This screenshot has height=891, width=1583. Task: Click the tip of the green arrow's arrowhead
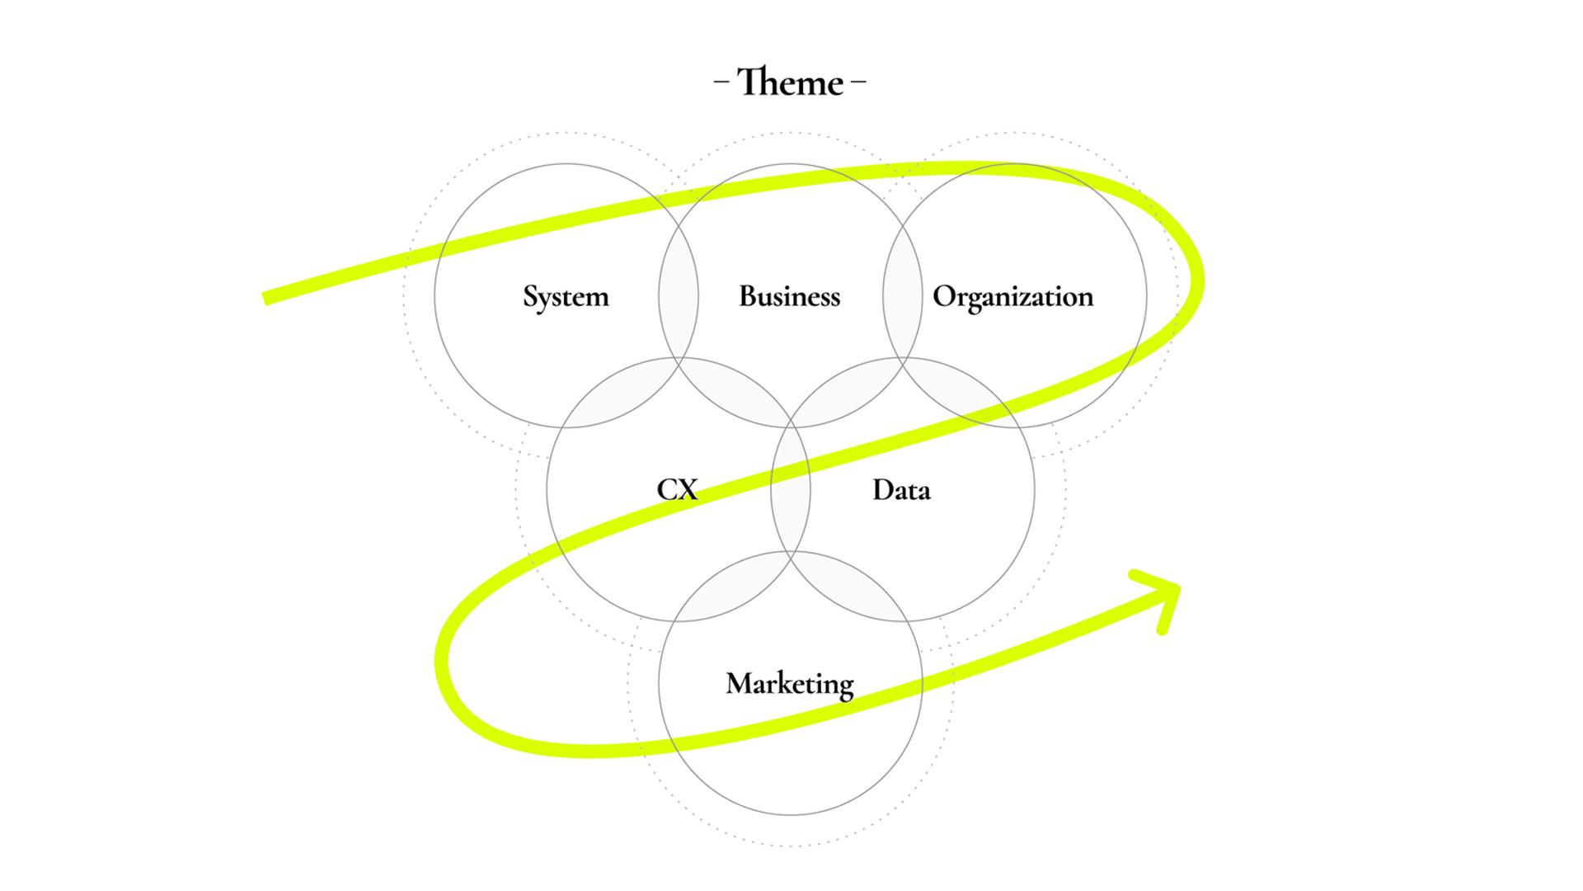[1177, 587]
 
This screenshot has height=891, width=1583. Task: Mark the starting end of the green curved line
[265, 298]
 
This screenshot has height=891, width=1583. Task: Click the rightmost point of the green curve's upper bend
[1200, 280]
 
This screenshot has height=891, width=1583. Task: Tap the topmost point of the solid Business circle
[790, 164]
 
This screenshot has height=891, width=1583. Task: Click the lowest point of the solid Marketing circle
[790, 815]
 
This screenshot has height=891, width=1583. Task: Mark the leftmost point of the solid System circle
[435, 295]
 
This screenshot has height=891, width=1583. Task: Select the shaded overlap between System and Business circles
[679, 295]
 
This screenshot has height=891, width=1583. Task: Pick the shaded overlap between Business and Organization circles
[902, 295]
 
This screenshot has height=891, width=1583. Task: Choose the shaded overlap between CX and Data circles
[791, 490]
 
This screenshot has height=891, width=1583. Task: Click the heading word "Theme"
[790, 82]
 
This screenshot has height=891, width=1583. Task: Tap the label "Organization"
[1013, 297]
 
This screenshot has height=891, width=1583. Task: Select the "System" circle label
[566, 297]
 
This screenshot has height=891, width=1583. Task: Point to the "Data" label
[902, 490]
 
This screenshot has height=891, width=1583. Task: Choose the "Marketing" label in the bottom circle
[790, 685]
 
